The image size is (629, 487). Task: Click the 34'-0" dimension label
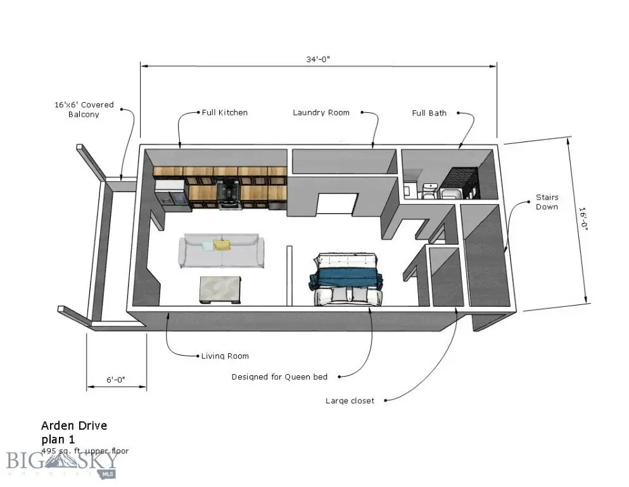click(x=318, y=59)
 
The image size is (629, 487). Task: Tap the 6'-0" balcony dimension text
click(x=115, y=380)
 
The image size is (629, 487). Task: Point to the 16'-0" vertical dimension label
click(x=583, y=221)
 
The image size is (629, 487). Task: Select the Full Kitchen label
click(x=224, y=113)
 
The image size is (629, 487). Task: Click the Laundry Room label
click(x=321, y=113)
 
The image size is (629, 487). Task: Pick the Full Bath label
click(x=429, y=113)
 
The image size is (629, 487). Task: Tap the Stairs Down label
click(x=547, y=202)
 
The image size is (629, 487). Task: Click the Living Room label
click(x=224, y=356)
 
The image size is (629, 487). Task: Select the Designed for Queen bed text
click(x=279, y=377)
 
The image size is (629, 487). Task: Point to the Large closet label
click(x=350, y=401)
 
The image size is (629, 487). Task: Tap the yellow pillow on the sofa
click(x=221, y=244)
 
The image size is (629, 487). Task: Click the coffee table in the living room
click(x=221, y=290)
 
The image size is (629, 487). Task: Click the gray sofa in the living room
click(x=221, y=251)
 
